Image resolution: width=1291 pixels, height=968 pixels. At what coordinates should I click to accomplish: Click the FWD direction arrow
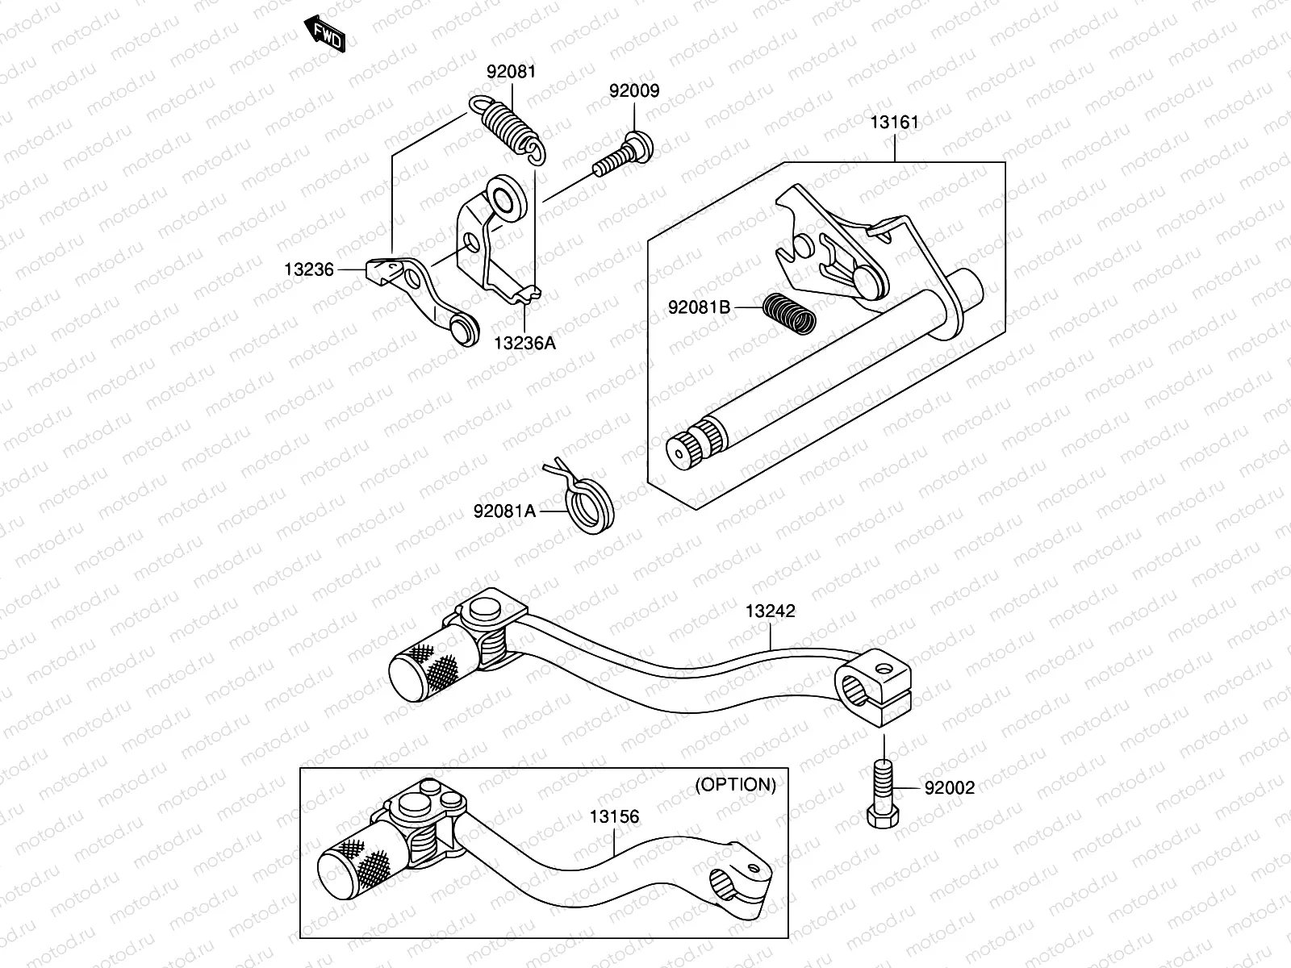326,34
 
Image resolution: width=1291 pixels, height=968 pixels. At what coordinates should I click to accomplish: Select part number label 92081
511,72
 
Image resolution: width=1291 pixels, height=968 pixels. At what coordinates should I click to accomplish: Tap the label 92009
633,91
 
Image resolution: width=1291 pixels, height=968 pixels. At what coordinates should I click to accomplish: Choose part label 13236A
524,343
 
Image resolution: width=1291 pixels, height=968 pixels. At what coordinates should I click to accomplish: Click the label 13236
308,269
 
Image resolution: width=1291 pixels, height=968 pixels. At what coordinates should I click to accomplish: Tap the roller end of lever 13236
462,330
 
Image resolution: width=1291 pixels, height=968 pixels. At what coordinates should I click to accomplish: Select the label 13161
894,123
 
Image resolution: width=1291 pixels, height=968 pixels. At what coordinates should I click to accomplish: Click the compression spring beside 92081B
789,312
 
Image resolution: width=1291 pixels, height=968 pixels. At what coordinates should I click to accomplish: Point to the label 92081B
699,307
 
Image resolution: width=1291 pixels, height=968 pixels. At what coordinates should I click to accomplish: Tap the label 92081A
504,511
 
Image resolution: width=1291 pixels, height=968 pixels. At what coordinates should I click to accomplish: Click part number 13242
770,611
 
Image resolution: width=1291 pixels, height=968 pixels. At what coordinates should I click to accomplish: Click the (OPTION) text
735,785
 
